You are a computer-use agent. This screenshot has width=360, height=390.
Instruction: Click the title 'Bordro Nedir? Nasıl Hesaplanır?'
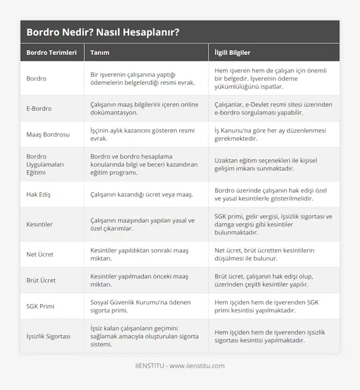[x=102, y=32]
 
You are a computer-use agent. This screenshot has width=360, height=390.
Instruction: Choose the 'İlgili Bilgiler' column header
[x=232, y=53]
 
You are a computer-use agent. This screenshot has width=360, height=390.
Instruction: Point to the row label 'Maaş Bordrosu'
[x=48, y=134]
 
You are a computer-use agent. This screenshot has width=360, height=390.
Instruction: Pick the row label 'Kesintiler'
[x=39, y=224]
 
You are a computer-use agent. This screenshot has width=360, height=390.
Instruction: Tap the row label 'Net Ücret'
[x=40, y=254]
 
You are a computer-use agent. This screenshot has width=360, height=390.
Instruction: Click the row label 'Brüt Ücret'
[x=41, y=280]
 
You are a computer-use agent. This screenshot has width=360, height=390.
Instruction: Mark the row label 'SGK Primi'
[x=40, y=306]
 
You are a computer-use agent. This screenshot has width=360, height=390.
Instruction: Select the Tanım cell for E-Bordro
[x=144, y=109]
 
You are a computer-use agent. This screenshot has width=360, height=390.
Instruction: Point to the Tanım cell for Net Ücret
[x=139, y=254]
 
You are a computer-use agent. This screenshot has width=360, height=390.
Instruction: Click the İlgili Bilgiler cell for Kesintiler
[x=273, y=224]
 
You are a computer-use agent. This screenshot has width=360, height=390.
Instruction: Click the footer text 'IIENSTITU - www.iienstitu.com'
[x=180, y=366]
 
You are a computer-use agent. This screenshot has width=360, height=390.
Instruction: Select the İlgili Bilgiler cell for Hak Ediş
[x=271, y=194]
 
